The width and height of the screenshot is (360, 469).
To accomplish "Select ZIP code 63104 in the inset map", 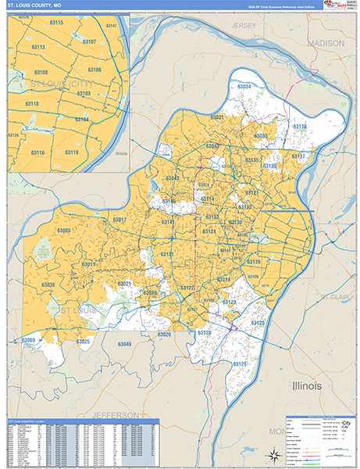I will coord(81,120).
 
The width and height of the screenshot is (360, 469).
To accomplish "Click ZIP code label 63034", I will coord(244,86).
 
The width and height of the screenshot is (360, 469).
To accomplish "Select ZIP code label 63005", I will coord(64,231).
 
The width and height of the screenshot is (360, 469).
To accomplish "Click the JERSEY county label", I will coord(244,26).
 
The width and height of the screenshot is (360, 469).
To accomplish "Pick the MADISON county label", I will coord(326,44).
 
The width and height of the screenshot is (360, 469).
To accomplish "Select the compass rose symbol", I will coord(273,455).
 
